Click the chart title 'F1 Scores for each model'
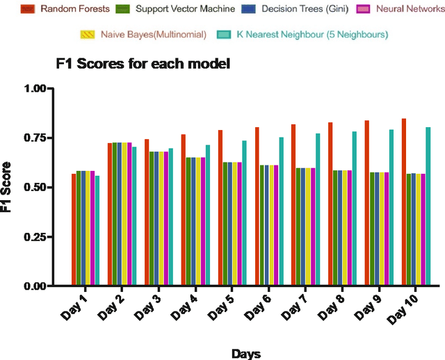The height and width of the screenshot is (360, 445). tap(143, 64)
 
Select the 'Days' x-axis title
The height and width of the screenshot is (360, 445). tap(246, 354)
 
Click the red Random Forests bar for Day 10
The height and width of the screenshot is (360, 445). tap(403, 202)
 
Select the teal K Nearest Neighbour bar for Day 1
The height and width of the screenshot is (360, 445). tap(97, 231)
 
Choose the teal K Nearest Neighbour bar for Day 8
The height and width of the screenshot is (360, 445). tap(354, 208)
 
